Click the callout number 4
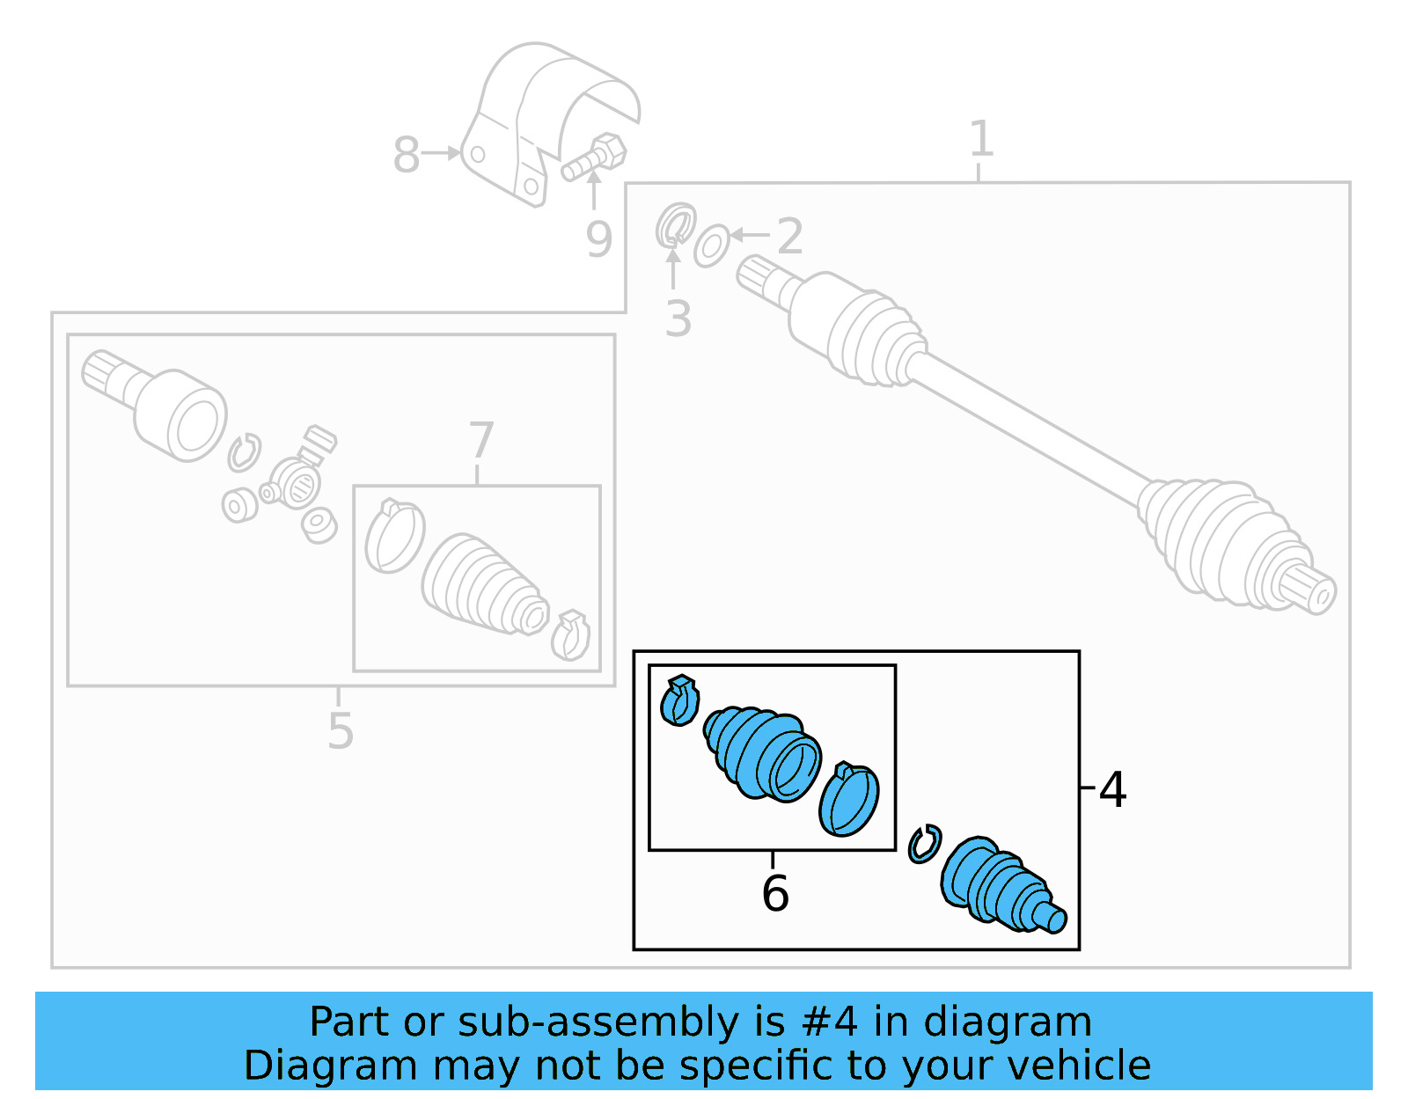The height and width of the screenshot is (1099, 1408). click(1112, 789)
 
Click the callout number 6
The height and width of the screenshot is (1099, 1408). click(774, 893)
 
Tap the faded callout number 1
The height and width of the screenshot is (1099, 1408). click(980, 139)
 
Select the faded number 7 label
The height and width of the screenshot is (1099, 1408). click(480, 440)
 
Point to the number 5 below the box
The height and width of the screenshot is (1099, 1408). click(340, 730)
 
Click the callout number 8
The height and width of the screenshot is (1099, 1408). click(406, 155)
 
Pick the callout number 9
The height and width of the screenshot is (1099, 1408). click(598, 239)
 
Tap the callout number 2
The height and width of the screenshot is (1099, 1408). click(789, 236)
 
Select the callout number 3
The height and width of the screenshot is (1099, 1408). click(677, 319)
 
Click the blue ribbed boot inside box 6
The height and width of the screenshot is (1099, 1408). click(761, 752)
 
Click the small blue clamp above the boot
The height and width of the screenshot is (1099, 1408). click(678, 700)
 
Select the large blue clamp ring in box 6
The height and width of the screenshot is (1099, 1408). click(848, 799)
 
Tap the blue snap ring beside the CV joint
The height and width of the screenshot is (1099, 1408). click(924, 844)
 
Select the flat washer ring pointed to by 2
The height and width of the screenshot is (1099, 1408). click(711, 245)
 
